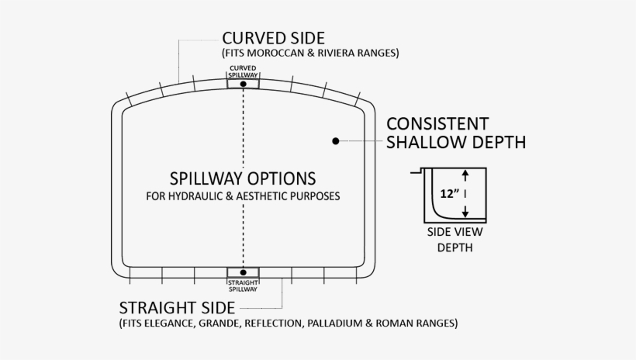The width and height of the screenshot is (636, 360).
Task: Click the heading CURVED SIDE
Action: [273, 38]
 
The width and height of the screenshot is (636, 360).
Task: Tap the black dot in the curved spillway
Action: [244, 83]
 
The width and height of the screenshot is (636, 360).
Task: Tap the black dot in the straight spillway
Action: [244, 272]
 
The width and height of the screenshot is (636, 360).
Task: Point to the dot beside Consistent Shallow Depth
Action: [336, 141]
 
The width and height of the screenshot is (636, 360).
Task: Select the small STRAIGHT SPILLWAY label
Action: [244, 286]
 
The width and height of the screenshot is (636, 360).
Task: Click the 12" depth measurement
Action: [448, 192]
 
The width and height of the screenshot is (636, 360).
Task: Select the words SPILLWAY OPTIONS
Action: [243, 178]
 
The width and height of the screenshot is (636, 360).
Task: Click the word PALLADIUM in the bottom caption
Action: [362, 322]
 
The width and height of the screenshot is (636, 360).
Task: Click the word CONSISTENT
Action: [437, 124]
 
